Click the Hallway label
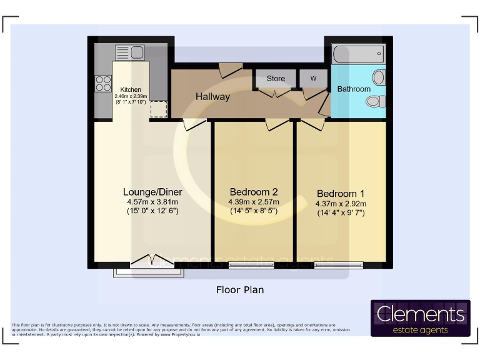(x=212, y=97)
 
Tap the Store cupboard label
(x=276, y=78)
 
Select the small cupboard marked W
(x=313, y=78)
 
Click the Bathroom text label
(x=354, y=89)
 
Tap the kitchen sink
(x=131, y=52)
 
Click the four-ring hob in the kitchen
(x=102, y=83)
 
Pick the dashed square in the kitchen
(x=158, y=109)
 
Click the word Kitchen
(x=131, y=90)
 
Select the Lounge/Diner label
(x=152, y=192)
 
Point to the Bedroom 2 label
(x=254, y=192)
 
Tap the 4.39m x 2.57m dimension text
(x=254, y=202)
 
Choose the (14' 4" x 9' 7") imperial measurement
(x=341, y=213)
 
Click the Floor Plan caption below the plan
(x=240, y=290)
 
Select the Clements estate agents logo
(x=420, y=318)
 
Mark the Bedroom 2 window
(x=251, y=265)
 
